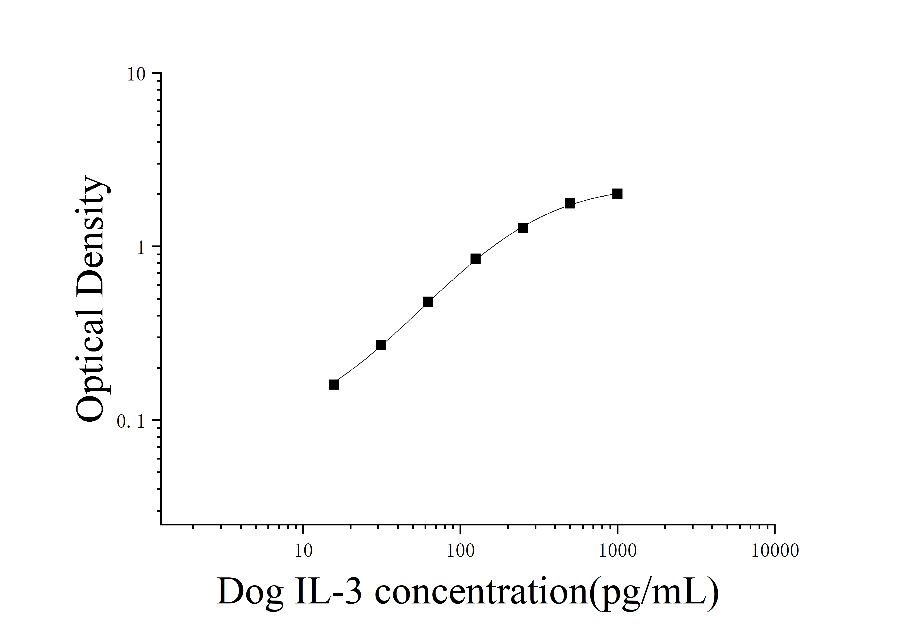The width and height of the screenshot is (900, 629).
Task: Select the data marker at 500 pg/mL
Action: tap(570, 203)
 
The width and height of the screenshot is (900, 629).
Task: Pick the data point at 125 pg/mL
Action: tap(475, 259)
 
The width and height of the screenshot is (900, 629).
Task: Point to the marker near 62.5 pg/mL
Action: tap(428, 302)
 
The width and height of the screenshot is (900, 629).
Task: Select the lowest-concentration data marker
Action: tap(334, 384)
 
